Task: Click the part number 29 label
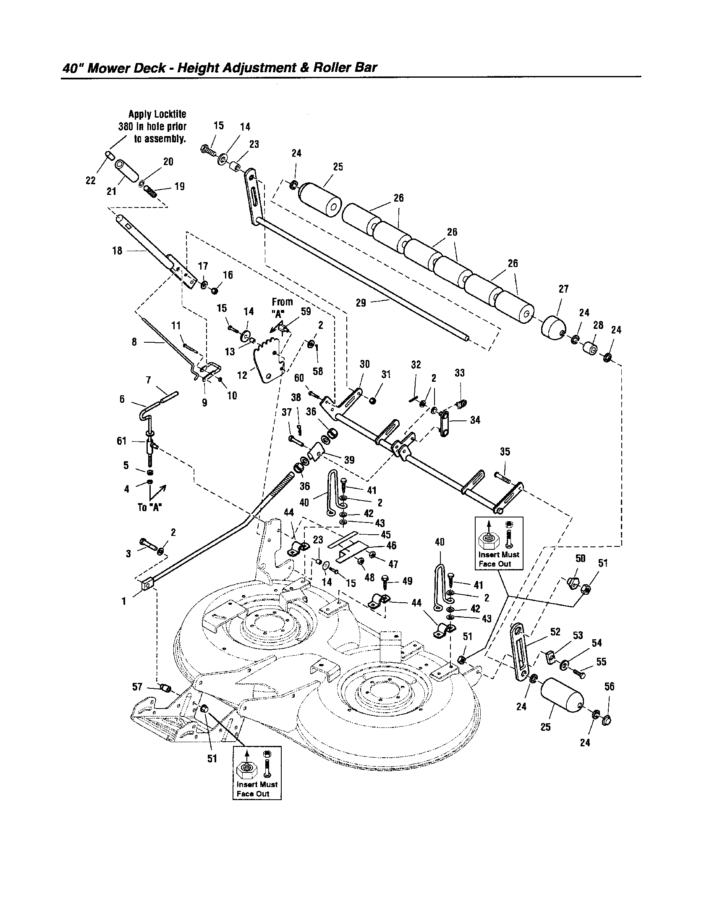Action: (x=361, y=303)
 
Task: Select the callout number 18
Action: (x=118, y=251)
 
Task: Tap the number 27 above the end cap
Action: (x=563, y=289)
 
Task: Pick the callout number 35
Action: (x=505, y=452)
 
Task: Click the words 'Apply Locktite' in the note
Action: (x=157, y=115)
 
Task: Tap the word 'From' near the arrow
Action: (x=282, y=302)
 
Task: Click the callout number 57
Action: (x=137, y=687)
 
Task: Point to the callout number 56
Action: (x=609, y=687)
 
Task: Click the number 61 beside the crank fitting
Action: (x=122, y=441)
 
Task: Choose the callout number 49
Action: (x=407, y=581)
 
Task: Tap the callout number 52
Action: (x=555, y=632)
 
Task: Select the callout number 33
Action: (x=460, y=373)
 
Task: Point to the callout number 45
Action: (x=385, y=535)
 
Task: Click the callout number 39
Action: (x=349, y=460)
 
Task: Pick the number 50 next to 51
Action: (x=580, y=559)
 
